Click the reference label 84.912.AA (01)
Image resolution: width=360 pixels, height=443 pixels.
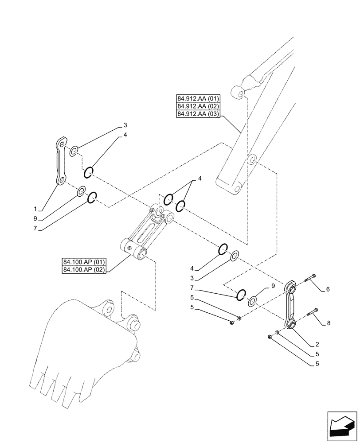[x=198, y=98]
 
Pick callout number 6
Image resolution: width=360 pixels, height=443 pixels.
[x=328, y=289]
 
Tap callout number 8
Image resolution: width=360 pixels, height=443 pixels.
[x=329, y=323]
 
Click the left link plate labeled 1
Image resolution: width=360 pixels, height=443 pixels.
[x=61, y=162]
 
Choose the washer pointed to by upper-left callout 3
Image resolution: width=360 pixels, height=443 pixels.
[x=74, y=151]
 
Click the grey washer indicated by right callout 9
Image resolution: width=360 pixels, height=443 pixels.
[x=252, y=302]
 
